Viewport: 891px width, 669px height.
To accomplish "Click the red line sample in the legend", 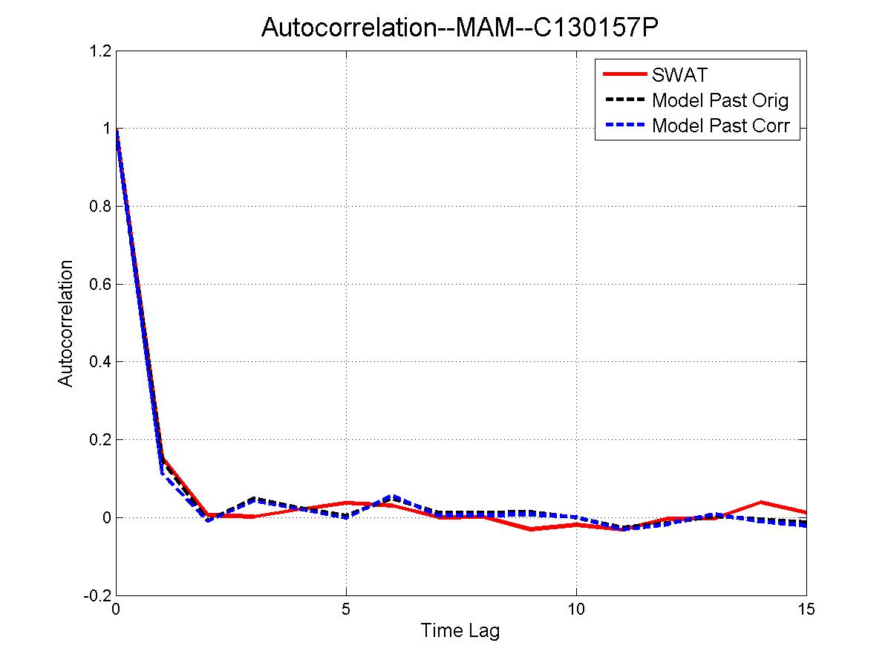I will point(624,74).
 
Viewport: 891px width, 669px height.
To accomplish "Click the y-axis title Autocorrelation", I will point(66,323).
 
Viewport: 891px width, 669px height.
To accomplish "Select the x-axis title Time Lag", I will point(460,632).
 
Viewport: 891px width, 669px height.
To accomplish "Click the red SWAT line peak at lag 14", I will point(760,502).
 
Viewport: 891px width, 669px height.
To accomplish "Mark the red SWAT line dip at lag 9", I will point(530,529).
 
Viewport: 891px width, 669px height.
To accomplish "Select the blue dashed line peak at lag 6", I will point(392,496).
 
